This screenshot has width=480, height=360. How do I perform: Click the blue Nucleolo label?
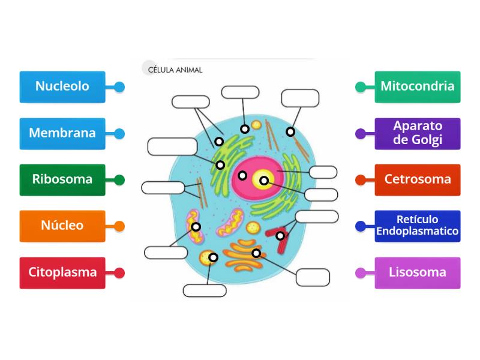(x=62, y=86)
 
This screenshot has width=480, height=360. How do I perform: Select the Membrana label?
(x=62, y=133)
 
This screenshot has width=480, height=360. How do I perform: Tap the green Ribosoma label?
(x=62, y=179)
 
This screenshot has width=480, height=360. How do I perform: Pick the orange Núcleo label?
(x=62, y=226)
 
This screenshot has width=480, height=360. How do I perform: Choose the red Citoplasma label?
(x=62, y=272)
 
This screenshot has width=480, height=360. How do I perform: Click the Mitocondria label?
(x=418, y=86)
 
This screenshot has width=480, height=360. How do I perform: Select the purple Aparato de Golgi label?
(x=418, y=133)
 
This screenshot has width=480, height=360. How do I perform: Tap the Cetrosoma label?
(x=418, y=179)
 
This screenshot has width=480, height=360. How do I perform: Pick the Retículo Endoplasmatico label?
(x=418, y=226)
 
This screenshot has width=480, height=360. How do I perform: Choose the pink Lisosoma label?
(x=418, y=272)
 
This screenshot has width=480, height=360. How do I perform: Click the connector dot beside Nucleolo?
(x=119, y=87)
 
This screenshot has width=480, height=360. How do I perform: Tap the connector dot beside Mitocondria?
(x=361, y=87)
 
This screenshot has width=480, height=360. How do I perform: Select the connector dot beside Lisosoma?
(x=361, y=273)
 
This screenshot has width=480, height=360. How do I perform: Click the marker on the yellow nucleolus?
(x=263, y=180)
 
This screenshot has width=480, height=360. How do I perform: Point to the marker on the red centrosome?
(x=280, y=236)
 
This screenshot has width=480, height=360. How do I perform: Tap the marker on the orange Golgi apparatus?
(x=256, y=253)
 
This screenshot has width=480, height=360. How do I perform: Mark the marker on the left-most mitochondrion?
(x=196, y=227)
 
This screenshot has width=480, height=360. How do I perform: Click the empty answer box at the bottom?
(x=205, y=291)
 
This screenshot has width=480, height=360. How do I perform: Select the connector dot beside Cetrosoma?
(x=361, y=180)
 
